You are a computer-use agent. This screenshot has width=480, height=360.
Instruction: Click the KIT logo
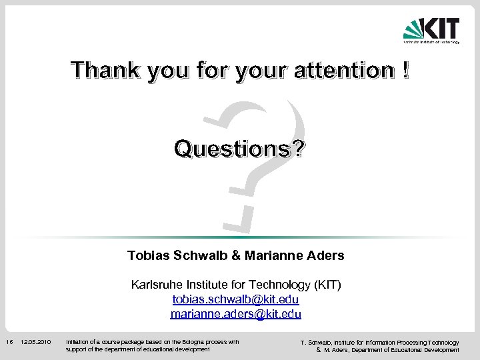click(431, 29)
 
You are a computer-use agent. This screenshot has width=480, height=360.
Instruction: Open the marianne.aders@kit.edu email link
click(236, 314)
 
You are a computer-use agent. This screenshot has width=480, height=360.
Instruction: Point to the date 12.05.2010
click(36, 342)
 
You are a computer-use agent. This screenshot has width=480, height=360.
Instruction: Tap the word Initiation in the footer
click(79, 342)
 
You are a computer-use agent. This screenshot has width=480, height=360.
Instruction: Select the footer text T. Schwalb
click(317, 343)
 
